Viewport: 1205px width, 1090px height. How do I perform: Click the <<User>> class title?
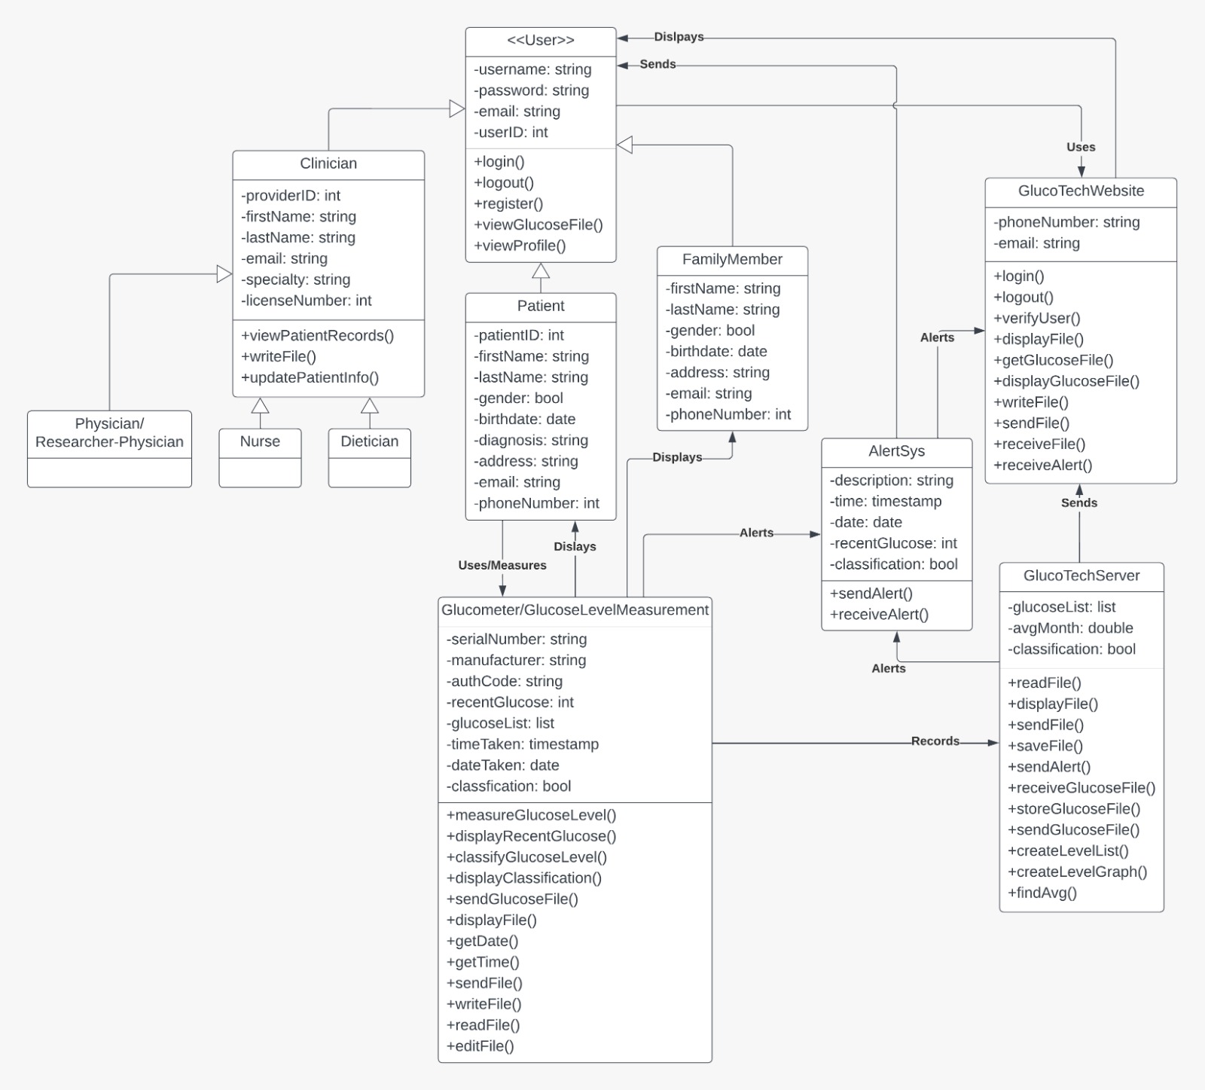(541, 40)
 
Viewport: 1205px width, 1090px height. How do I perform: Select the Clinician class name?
(328, 163)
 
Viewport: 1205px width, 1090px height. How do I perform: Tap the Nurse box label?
(260, 441)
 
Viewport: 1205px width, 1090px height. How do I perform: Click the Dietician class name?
(370, 441)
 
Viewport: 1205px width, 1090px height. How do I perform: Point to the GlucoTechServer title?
(1081, 576)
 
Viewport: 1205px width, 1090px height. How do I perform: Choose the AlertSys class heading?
(896, 451)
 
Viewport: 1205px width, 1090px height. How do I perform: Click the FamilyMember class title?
(732, 259)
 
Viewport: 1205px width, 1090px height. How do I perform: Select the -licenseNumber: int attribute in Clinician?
(307, 301)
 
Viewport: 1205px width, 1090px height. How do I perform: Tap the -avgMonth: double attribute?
(1070, 628)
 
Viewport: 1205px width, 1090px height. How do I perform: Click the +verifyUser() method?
(1037, 318)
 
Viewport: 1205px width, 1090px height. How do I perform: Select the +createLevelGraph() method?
(1078, 872)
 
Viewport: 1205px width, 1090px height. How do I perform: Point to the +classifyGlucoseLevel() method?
(526, 857)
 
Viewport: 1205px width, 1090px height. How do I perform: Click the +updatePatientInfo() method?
(310, 377)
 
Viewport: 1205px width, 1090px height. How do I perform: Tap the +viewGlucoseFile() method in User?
(538, 224)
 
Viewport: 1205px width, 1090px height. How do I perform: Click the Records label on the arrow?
(935, 741)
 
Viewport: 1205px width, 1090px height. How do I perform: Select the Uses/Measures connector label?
(502, 565)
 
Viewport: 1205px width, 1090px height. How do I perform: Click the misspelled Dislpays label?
(679, 37)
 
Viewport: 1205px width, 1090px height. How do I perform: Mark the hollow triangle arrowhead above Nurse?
(260, 405)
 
